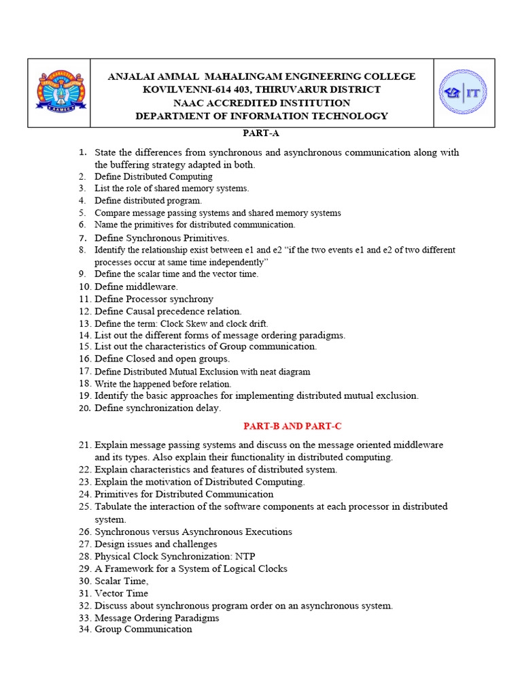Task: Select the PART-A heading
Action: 261,133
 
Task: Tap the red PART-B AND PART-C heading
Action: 292,426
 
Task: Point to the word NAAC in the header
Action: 188,103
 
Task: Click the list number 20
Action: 84,408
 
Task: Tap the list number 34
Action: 84,630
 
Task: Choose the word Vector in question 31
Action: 108,594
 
